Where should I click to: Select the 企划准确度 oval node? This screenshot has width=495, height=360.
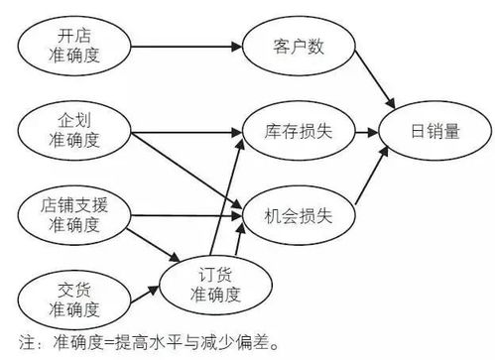tap(76, 129)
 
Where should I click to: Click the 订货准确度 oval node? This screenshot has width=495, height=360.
tap(216, 281)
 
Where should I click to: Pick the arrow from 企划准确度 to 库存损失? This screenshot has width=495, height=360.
tap(188, 129)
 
